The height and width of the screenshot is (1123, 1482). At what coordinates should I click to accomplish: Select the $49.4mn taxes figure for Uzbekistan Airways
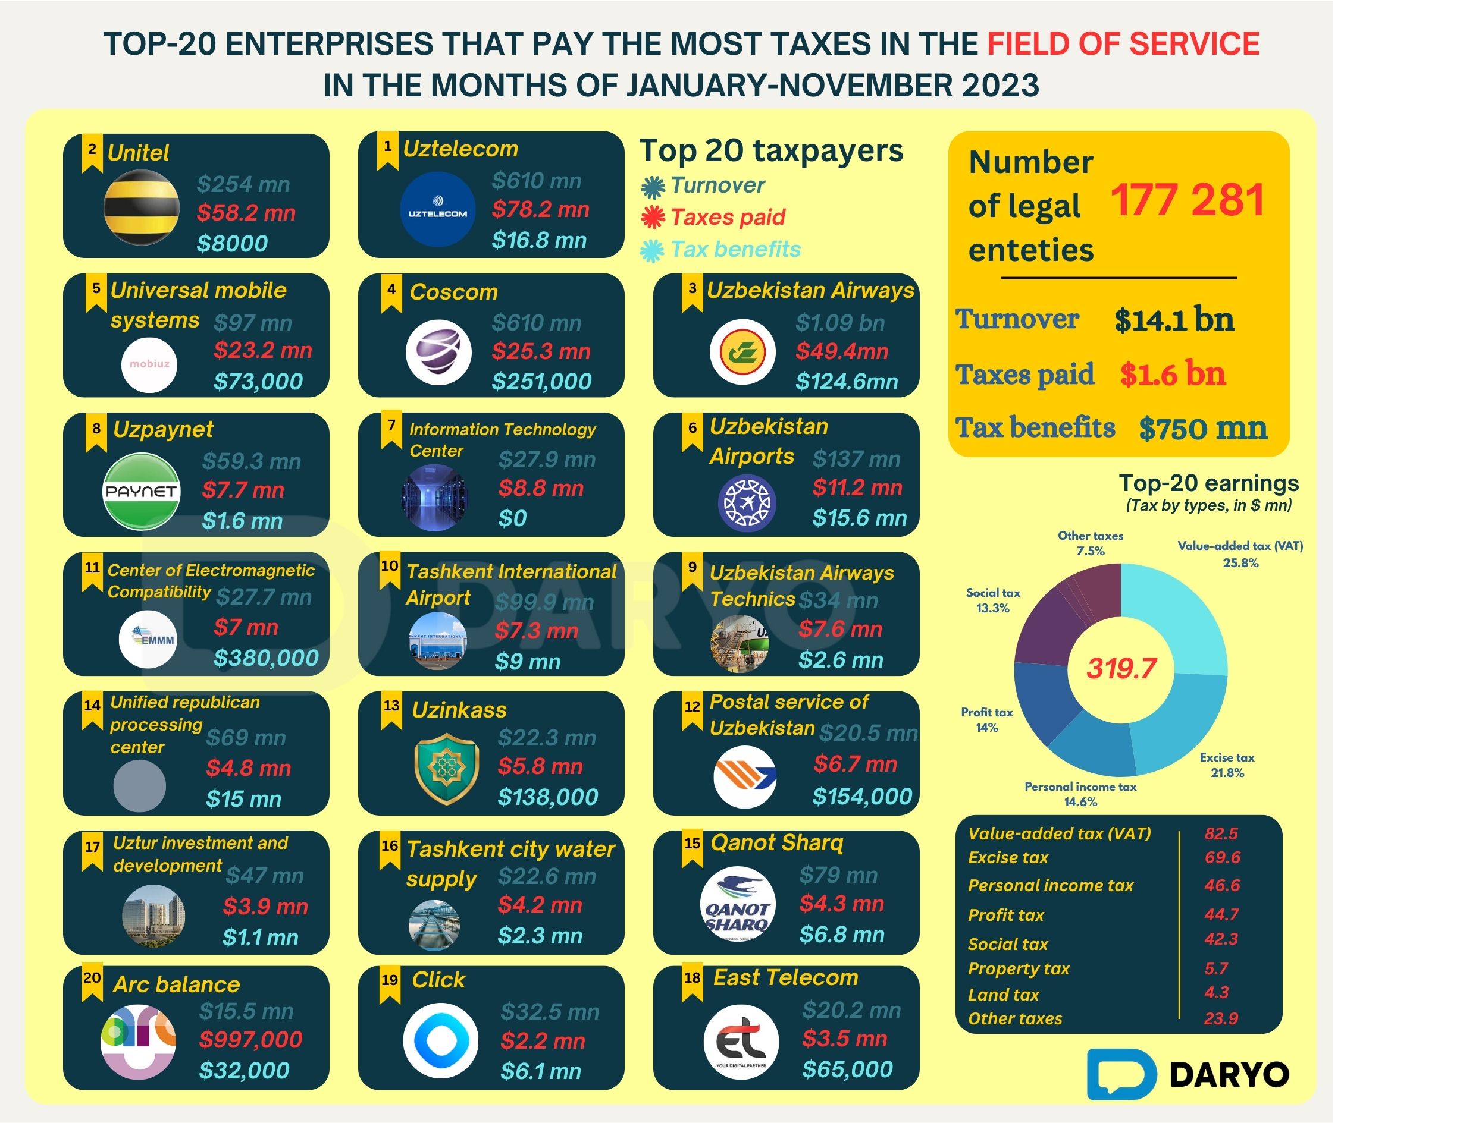(841, 351)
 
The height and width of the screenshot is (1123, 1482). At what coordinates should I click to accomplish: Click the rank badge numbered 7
(391, 429)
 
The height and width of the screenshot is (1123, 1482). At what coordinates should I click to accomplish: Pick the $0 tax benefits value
(512, 518)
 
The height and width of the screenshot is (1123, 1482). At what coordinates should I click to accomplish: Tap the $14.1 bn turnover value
(1174, 319)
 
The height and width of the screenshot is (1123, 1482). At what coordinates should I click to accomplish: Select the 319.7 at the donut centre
(1121, 668)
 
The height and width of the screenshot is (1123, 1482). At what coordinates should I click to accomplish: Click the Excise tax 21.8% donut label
(1227, 765)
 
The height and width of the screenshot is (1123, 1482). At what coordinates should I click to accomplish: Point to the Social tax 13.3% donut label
(992, 600)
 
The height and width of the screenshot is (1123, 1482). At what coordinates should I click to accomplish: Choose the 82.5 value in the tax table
(1221, 833)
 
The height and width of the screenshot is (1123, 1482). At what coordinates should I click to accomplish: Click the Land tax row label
(1003, 995)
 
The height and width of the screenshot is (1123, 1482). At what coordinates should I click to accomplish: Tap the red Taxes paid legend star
(653, 217)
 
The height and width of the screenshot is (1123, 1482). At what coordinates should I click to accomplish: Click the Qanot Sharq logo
(738, 904)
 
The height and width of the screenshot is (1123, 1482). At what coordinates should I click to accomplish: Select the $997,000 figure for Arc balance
(250, 1039)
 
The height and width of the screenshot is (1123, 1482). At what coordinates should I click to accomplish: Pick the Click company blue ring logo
(440, 1040)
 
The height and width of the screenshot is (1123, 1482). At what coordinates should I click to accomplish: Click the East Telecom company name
(785, 978)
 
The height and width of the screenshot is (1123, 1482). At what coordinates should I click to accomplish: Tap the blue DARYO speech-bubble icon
(1121, 1074)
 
